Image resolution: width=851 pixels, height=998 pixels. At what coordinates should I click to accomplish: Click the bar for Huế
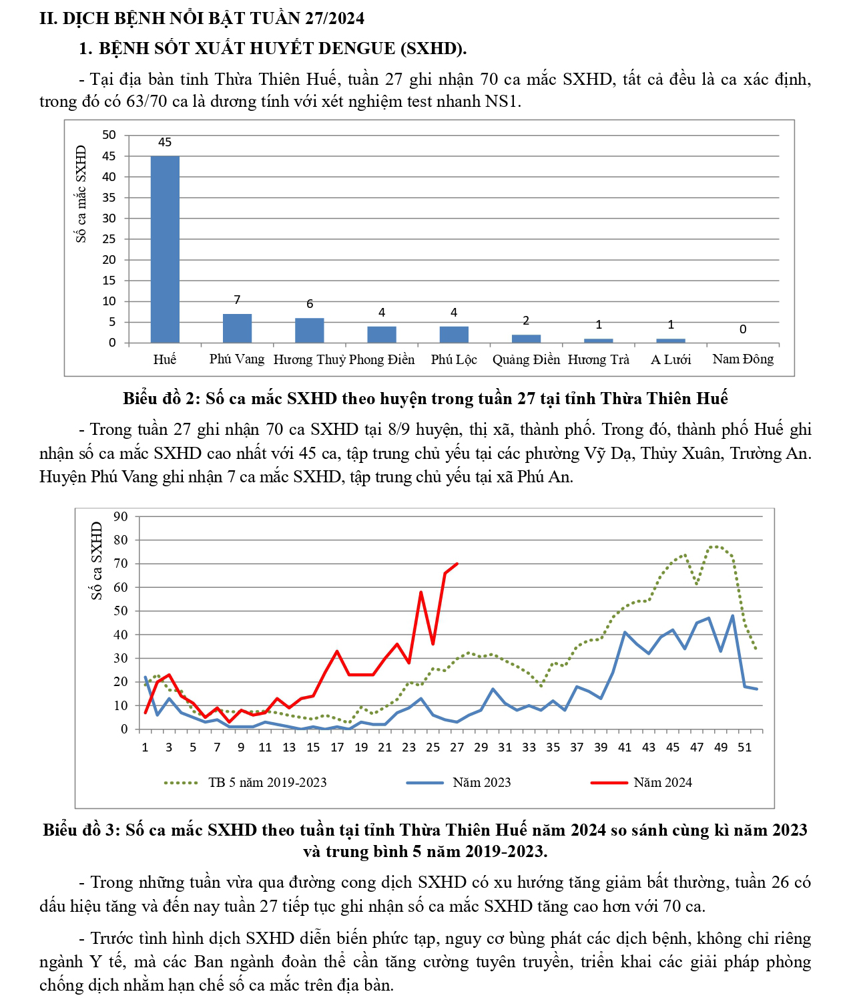tap(165, 249)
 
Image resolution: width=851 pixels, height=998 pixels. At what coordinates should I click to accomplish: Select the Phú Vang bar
tap(237, 328)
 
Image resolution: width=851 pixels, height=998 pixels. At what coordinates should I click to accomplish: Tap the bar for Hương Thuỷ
tap(310, 331)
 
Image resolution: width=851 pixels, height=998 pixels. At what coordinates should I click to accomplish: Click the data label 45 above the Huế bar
tap(165, 142)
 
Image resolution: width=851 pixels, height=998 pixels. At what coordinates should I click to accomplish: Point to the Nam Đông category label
tap(743, 359)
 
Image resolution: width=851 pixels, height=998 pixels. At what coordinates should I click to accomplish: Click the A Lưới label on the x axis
tap(671, 360)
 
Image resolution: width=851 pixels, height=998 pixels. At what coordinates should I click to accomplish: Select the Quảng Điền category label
tap(526, 360)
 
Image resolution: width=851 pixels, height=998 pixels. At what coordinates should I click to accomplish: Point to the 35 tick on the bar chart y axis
tap(109, 198)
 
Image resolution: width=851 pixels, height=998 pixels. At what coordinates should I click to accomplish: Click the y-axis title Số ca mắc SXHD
tap(81, 194)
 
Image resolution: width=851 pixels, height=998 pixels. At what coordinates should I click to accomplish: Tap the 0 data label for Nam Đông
tap(743, 329)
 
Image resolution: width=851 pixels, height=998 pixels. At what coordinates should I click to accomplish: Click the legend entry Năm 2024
tap(662, 782)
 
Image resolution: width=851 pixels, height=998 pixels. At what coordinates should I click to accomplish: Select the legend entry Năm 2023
tap(481, 782)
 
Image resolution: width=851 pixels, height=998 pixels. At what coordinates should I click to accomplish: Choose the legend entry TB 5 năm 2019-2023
tap(267, 782)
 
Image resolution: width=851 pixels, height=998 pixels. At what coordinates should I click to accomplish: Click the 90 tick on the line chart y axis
tap(120, 516)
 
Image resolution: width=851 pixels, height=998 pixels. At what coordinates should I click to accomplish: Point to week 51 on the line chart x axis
tap(744, 747)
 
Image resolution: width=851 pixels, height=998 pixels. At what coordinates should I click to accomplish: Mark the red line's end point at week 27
tap(457, 564)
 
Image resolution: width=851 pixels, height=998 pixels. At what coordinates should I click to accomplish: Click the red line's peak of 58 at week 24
tap(421, 592)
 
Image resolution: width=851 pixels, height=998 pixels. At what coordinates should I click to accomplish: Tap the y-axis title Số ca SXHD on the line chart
tap(97, 561)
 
